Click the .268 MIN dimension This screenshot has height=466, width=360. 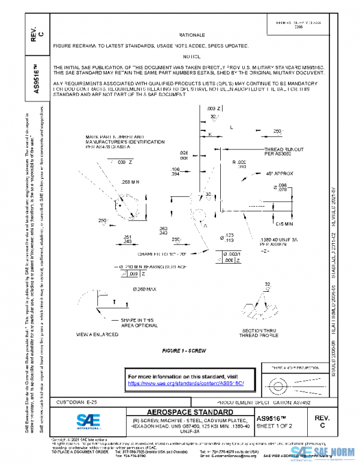tap(130, 181)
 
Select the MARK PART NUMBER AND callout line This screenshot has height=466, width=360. tap(115, 137)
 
